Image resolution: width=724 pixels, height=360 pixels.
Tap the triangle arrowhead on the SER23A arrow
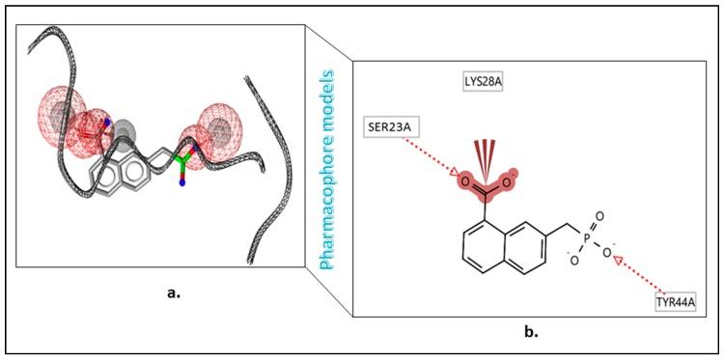(456, 174)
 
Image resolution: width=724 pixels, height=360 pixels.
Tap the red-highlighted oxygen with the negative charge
(515, 178)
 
